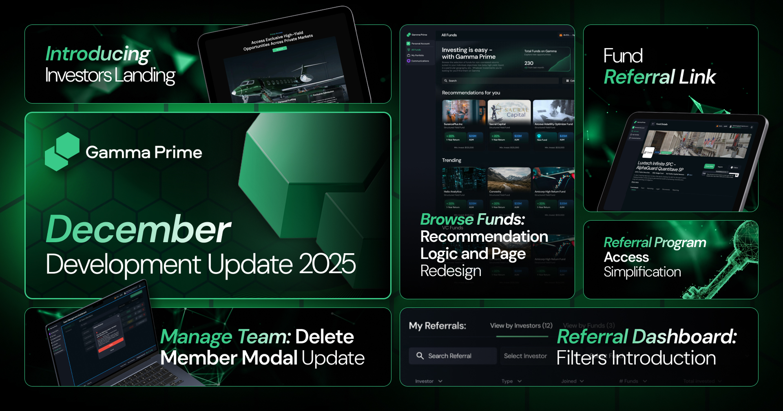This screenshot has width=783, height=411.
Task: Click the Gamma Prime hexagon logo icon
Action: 62,152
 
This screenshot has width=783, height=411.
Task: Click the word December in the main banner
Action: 139,229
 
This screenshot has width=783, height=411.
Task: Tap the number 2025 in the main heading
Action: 327,264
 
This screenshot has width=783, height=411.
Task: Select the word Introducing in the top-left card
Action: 98,54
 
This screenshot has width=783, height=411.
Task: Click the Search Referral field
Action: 453,356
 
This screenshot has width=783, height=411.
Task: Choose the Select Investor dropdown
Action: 525,356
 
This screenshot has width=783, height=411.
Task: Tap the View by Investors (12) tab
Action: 521,325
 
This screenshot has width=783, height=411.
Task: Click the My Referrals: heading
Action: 437,326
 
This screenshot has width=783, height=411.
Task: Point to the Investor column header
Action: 425,381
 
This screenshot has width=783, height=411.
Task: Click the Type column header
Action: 507,381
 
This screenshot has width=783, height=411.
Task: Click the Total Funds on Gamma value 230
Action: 529,63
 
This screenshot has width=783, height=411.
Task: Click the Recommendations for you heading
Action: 471,93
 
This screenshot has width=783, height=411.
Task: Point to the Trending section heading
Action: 451,160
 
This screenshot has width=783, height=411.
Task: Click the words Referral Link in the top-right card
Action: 659,77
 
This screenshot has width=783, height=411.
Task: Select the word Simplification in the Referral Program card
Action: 642,272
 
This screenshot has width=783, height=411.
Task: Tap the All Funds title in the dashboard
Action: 449,35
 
